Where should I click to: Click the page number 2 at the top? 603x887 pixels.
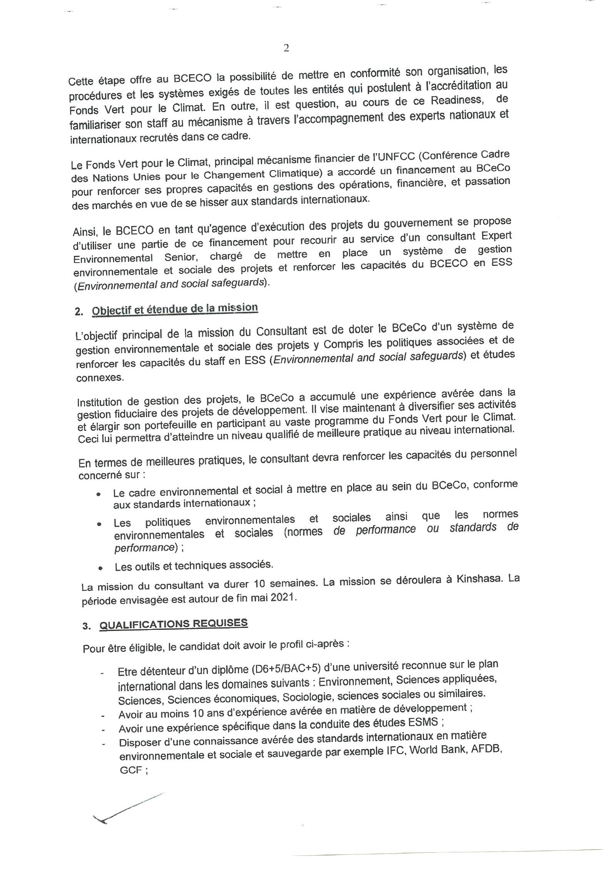(286, 48)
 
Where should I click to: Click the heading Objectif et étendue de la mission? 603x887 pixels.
(175, 309)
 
